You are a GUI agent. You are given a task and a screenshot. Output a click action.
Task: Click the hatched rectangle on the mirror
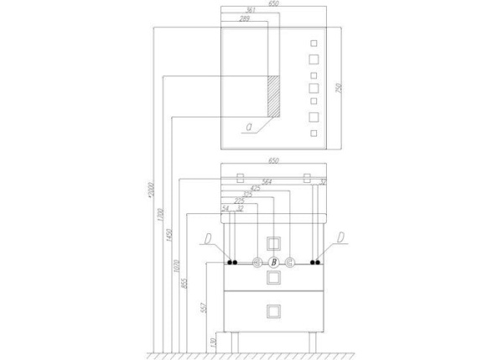click(x=273, y=97)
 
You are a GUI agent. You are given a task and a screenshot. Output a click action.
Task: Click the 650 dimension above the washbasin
click(x=272, y=159)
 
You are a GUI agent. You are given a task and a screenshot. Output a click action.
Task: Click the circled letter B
click(x=272, y=263)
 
